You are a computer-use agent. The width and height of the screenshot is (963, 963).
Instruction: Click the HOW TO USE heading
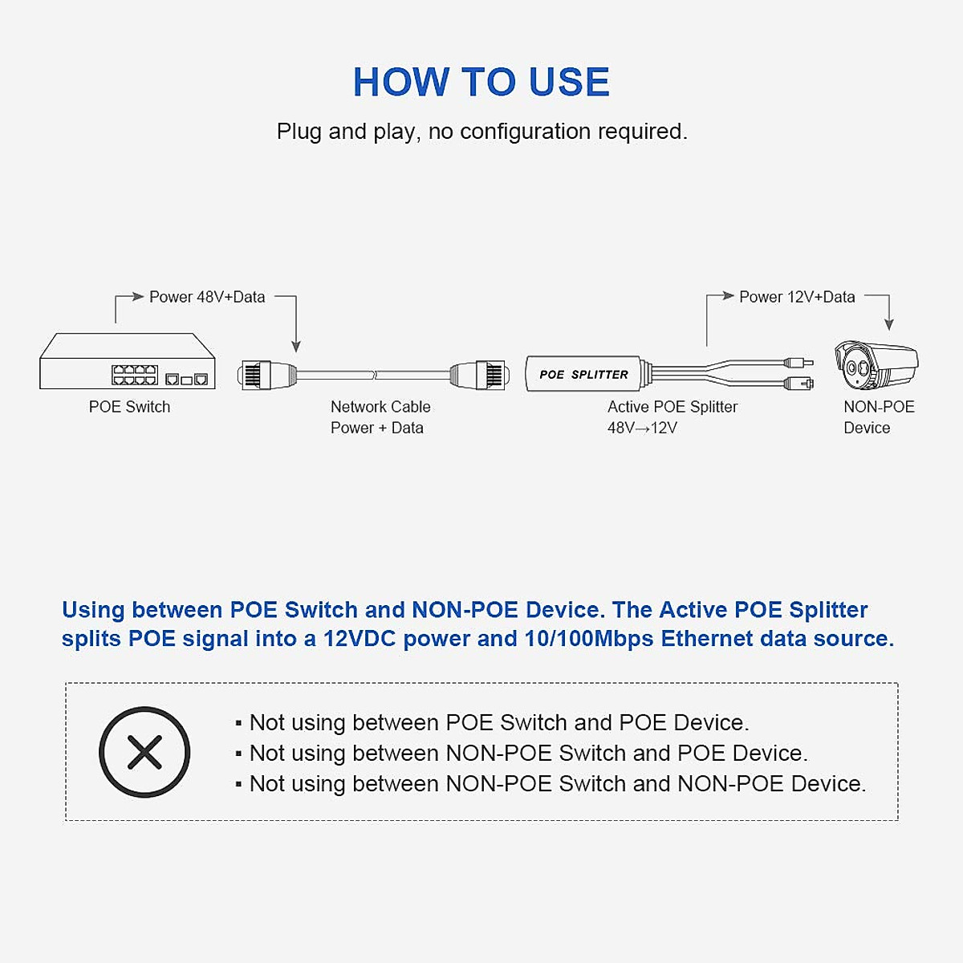(x=481, y=82)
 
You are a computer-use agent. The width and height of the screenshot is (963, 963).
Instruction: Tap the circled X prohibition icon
(x=144, y=752)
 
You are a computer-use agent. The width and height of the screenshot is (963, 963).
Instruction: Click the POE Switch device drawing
(x=128, y=362)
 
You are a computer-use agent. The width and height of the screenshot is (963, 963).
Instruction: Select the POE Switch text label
(x=129, y=407)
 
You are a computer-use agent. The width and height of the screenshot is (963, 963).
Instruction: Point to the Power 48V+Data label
(x=207, y=297)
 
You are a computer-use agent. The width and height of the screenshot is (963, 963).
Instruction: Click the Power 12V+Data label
(x=797, y=297)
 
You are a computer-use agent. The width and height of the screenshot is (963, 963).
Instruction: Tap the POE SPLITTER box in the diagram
(x=583, y=374)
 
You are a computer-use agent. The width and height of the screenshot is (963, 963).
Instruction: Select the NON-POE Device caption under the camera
(x=878, y=417)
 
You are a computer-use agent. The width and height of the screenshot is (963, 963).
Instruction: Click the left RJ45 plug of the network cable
(x=266, y=375)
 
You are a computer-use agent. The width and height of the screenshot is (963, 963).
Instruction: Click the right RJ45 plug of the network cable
(x=479, y=375)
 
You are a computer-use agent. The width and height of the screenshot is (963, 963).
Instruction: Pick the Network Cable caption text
(x=380, y=407)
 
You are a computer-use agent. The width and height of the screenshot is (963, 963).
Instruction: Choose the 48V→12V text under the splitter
(x=642, y=428)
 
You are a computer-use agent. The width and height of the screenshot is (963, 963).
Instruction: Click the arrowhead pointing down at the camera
(x=888, y=324)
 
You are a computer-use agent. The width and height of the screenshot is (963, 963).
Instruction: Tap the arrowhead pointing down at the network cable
(x=296, y=346)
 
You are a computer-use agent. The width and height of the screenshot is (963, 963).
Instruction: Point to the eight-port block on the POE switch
(x=134, y=375)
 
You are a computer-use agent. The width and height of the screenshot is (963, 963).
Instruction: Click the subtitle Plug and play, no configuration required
(x=481, y=132)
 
